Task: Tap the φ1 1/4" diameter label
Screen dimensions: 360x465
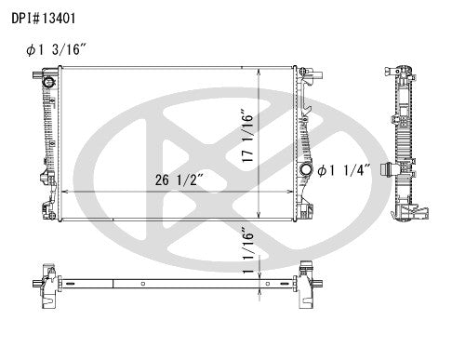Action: click(344, 169)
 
